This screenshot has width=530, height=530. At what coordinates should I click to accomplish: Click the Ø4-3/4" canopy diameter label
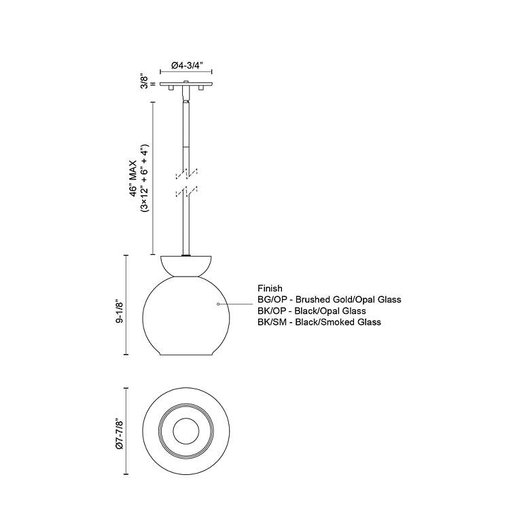point(187,65)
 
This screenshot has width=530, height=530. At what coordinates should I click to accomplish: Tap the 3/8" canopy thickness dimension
point(145,82)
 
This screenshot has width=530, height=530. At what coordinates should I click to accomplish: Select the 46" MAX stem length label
point(132,178)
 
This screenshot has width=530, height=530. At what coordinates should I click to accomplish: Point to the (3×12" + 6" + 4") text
point(144,178)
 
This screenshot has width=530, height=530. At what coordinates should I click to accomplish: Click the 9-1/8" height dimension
point(119,311)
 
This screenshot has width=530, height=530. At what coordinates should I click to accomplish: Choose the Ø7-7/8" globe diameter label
point(119,434)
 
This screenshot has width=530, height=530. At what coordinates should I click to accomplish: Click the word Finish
point(270,288)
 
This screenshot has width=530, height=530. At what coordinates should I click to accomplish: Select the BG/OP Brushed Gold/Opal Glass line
point(330,300)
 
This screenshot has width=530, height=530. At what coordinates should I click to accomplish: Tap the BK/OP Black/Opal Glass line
point(312,311)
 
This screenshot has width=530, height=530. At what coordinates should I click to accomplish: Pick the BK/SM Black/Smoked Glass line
point(319,322)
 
